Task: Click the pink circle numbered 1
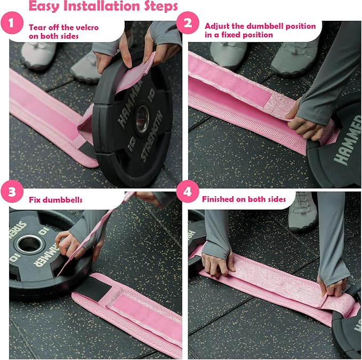pos(12,23)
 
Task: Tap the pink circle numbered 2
pos(188,23)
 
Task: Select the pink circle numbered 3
pos(12,191)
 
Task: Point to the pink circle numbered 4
pos(188,191)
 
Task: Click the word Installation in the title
pos(102,6)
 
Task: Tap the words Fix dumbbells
pos(55,200)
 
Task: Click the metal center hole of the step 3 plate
pos(29,243)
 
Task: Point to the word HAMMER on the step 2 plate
pos(348,140)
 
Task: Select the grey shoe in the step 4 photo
pos(303,212)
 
